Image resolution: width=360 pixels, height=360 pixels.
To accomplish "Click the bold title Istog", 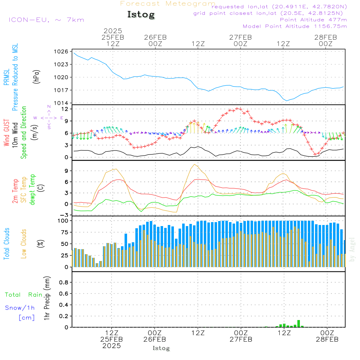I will (x=141, y=15).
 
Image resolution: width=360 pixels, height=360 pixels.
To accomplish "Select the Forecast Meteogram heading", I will (x=168, y=4).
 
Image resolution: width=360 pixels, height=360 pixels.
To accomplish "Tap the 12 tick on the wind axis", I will (x=65, y=109).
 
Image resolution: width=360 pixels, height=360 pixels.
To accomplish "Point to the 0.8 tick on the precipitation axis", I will (x=63, y=283).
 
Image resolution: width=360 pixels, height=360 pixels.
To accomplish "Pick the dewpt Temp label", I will (x=32, y=190).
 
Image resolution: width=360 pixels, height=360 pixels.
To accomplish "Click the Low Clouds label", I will (x=24, y=244).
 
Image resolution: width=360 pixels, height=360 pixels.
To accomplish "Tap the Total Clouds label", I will (x=6, y=244).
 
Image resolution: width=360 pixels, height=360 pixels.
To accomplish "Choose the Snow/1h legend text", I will (x=20, y=308).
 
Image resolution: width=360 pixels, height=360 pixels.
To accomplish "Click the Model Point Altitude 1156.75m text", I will (x=295, y=26).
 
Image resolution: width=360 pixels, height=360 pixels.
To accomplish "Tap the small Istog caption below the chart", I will (x=161, y=348).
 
